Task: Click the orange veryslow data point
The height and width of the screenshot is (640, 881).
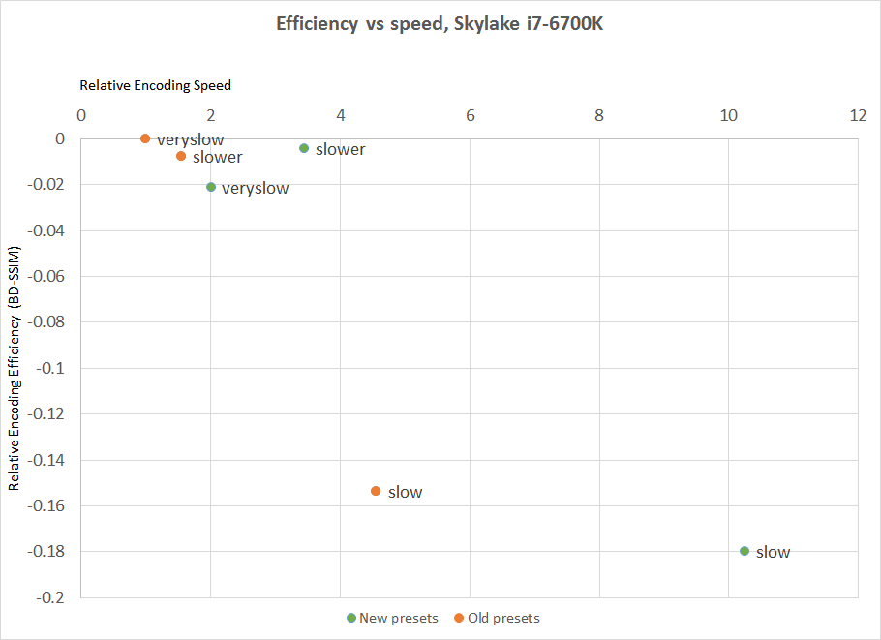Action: tap(145, 138)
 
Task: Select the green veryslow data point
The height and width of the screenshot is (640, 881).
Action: tap(211, 187)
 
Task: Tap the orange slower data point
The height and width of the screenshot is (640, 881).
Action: tap(181, 156)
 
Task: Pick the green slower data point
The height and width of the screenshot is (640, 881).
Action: tap(304, 148)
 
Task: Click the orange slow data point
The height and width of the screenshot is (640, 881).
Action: tap(376, 491)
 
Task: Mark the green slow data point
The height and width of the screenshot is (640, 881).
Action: tap(744, 551)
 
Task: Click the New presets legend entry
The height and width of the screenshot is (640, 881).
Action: tap(398, 618)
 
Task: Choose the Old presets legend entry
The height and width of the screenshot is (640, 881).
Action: tap(502, 618)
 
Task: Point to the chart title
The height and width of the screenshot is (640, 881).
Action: tap(440, 24)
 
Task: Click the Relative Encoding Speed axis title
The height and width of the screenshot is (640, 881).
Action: tap(155, 85)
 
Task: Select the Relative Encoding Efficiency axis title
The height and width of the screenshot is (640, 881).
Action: tap(15, 368)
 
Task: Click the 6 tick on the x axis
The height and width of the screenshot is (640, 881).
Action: tap(470, 116)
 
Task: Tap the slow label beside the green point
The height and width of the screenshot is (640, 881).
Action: tap(773, 552)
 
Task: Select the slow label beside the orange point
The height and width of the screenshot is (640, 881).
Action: tap(405, 492)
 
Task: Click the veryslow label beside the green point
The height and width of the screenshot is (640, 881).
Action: tap(255, 188)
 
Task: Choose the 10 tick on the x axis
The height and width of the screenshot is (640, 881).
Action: tap(728, 116)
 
